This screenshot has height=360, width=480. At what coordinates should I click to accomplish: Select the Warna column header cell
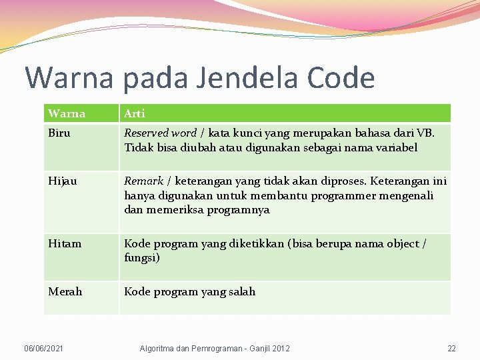pyautogui.click(x=67, y=113)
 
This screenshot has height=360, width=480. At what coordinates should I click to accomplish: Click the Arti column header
pyautogui.click(x=135, y=113)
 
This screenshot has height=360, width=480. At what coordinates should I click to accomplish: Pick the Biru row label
pyautogui.click(x=59, y=133)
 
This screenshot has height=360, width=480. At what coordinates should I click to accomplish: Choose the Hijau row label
pyautogui.click(x=62, y=181)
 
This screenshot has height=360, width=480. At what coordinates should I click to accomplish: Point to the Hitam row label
pyautogui.click(x=65, y=243)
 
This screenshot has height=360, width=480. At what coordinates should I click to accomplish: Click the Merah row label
pyautogui.click(x=65, y=291)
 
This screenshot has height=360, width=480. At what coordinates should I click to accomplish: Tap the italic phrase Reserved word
pyautogui.click(x=160, y=133)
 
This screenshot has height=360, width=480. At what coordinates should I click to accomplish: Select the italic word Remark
pyautogui.click(x=144, y=181)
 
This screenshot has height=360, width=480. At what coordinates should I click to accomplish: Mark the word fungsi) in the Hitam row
pyautogui.click(x=142, y=257)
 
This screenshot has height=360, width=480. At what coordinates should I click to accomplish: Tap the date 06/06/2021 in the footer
pyautogui.click(x=45, y=349)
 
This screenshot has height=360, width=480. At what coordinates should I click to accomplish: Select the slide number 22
pyautogui.click(x=451, y=349)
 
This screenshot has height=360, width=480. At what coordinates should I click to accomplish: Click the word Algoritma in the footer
pyautogui.click(x=157, y=349)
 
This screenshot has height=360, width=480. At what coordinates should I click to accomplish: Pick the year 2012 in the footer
pyautogui.click(x=280, y=349)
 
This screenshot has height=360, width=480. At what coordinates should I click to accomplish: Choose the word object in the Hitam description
pyautogui.click(x=397, y=243)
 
